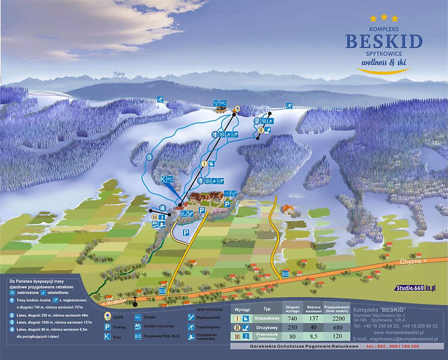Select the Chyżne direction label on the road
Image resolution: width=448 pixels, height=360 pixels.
tap(414, 262)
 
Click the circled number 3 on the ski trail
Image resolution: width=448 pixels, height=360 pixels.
tap(149, 157)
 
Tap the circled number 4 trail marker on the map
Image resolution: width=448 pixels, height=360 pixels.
tap(162, 208)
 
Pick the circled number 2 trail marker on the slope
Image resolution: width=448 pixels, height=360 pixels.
tap(256, 121)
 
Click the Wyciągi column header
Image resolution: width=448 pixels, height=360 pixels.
tap(242, 310)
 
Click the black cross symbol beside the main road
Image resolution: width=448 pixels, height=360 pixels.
tap(136, 298)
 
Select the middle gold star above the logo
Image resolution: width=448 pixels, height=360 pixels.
tap(384, 17)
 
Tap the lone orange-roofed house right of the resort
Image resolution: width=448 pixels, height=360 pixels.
tap(288, 211)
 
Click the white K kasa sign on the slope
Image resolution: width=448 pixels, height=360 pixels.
tap(163, 179)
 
